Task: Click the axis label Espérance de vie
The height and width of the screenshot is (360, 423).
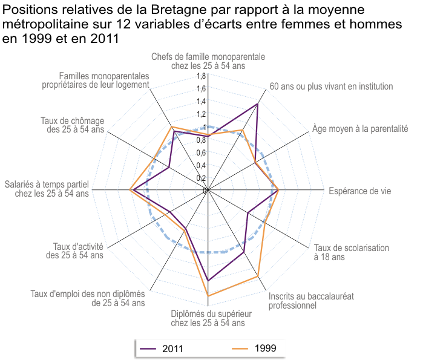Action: pos(359,191)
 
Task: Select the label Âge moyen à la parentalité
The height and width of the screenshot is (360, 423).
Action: pos(360,128)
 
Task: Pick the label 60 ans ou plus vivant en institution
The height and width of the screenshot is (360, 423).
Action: pos(331,87)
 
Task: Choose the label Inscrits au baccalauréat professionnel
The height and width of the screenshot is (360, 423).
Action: pos(311,301)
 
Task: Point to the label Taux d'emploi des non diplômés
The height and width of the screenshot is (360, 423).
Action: pos(88,298)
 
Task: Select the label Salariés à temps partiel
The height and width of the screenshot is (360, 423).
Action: pos(47,188)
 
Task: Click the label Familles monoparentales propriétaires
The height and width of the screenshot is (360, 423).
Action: pos(104,80)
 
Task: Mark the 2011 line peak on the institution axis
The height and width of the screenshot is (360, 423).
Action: pos(258,104)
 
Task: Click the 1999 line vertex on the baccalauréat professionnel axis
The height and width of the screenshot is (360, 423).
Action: pos(259,277)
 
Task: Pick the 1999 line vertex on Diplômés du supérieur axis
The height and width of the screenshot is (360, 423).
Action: pos(208,296)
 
